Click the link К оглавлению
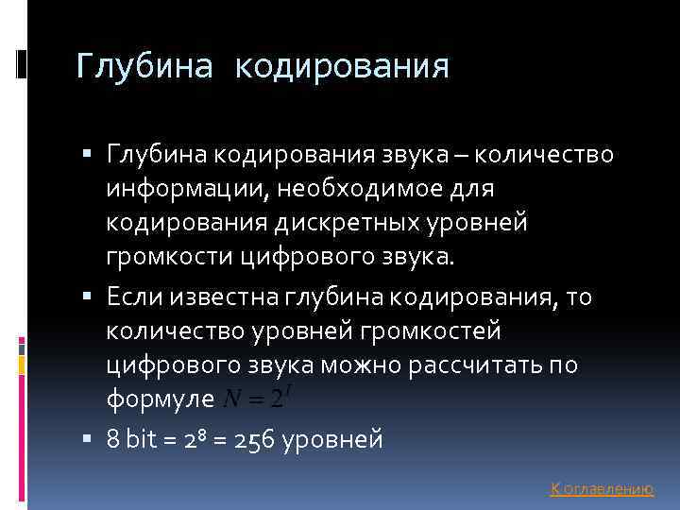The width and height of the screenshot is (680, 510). [602, 488]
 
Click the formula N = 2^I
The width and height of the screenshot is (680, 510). [254, 399]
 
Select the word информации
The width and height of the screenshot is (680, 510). [186, 190]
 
